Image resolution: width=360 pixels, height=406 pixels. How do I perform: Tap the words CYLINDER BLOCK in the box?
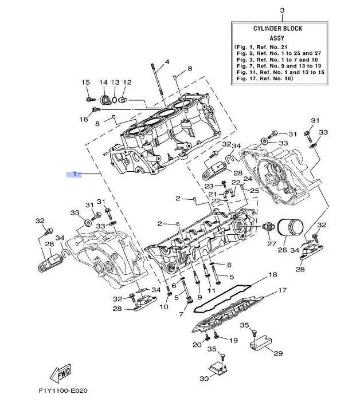pyautogui.click(x=277, y=29)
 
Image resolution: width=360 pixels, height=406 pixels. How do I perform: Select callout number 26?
pyautogui.click(x=282, y=250)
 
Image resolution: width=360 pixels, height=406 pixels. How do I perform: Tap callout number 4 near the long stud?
pyautogui.click(x=167, y=62)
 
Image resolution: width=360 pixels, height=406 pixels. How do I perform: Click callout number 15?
pyautogui.click(x=85, y=82)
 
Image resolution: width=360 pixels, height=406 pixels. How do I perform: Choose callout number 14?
pyautogui.click(x=104, y=82)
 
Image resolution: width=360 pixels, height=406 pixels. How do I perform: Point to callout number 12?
pyautogui.click(x=127, y=82)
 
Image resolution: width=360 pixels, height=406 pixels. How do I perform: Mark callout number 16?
pyautogui.click(x=84, y=119)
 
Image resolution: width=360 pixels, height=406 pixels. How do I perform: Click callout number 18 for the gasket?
pyautogui.click(x=272, y=275)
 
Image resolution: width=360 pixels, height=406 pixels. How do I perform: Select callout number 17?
pyautogui.click(x=282, y=291)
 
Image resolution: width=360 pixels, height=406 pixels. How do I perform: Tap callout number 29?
pyautogui.click(x=278, y=353)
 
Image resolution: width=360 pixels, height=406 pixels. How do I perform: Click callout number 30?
pyautogui.click(x=205, y=379)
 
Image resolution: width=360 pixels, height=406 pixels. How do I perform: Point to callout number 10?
pyautogui.click(x=164, y=307)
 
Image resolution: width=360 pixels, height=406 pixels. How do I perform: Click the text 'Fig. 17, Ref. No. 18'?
pyautogui.click(x=264, y=78)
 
